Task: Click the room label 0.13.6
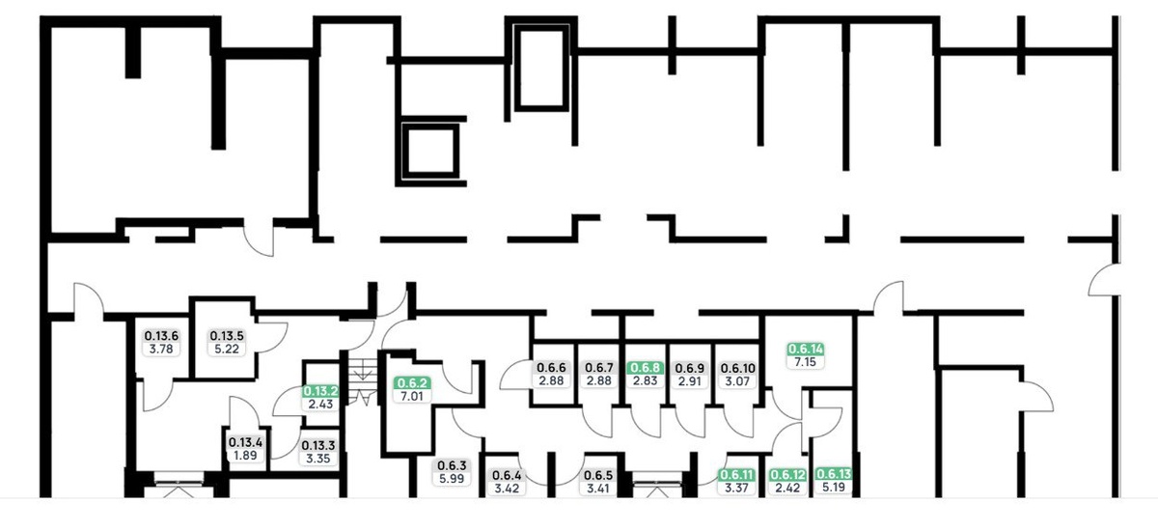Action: tap(161, 336)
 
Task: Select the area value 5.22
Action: tap(227, 350)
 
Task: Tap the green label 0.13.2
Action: tap(320, 391)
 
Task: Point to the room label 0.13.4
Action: tap(245, 442)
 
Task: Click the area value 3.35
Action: tap(317, 459)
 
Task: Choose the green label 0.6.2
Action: tap(412, 383)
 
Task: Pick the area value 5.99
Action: tap(452, 479)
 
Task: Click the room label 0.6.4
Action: tap(507, 476)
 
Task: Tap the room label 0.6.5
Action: tap(598, 475)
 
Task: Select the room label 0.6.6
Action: tap(552, 368)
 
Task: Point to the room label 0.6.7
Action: tap(599, 368)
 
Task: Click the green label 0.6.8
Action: tap(646, 368)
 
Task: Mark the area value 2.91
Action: tap(690, 381)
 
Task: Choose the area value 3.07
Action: tap(737, 381)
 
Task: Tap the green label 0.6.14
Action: tap(806, 349)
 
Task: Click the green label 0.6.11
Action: tap(736, 475)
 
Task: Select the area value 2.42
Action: tap(787, 488)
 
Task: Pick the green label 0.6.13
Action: tap(834, 473)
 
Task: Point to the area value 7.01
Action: tap(412, 397)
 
